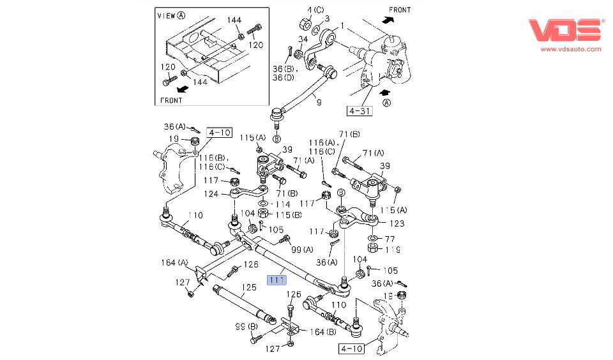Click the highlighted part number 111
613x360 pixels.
276,279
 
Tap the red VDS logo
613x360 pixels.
566,31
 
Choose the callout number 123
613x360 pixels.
397,224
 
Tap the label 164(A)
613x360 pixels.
174,262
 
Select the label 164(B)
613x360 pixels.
323,331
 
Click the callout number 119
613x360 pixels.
392,250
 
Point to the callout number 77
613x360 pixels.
390,238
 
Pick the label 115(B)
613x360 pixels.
279,214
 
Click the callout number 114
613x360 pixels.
282,204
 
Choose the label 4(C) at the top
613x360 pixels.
315,10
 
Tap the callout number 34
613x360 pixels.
303,41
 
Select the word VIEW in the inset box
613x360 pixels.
166,15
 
